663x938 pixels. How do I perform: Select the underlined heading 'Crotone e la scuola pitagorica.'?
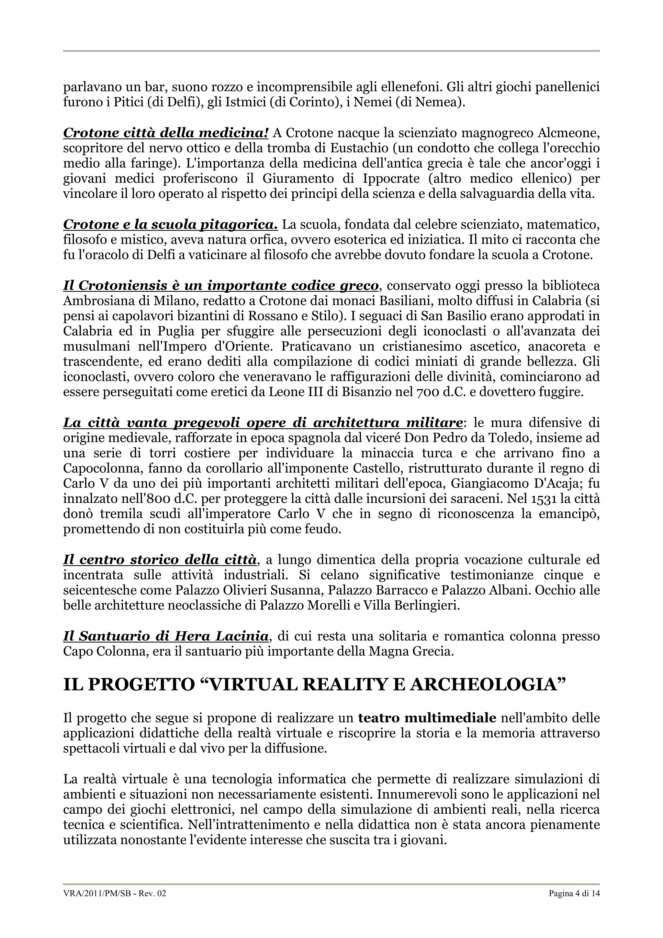click(170, 224)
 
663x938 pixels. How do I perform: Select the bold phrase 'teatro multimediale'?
click(427, 718)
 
